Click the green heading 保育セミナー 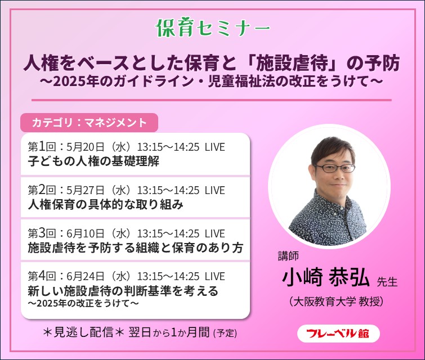coord(212,26)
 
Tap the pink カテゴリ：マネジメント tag coord(90,122)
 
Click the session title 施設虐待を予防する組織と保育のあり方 coord(135,248)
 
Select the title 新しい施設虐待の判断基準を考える coord(123,291)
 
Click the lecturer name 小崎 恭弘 coord(325,278)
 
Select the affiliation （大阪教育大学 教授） coord(335,301)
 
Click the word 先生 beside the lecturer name coord(387,281)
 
